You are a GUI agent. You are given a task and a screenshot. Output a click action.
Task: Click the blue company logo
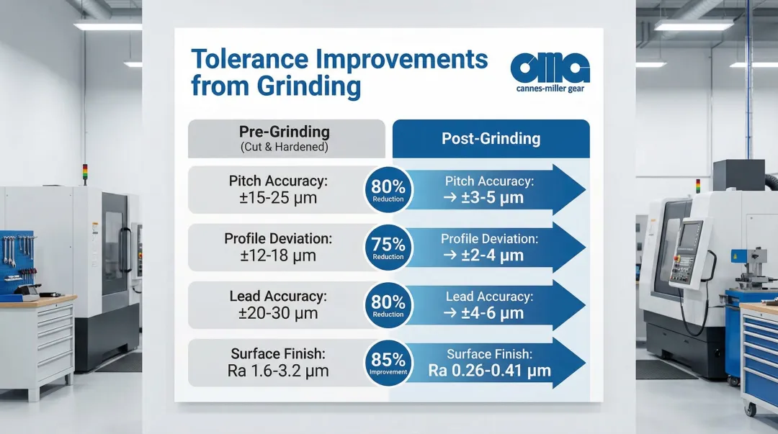550,68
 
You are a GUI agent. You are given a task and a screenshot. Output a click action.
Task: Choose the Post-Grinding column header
491,138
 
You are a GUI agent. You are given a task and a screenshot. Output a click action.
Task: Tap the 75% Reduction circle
388,247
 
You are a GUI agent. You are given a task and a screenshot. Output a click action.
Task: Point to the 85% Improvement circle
388,361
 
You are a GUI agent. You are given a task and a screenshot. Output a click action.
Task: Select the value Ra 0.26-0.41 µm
489,371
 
